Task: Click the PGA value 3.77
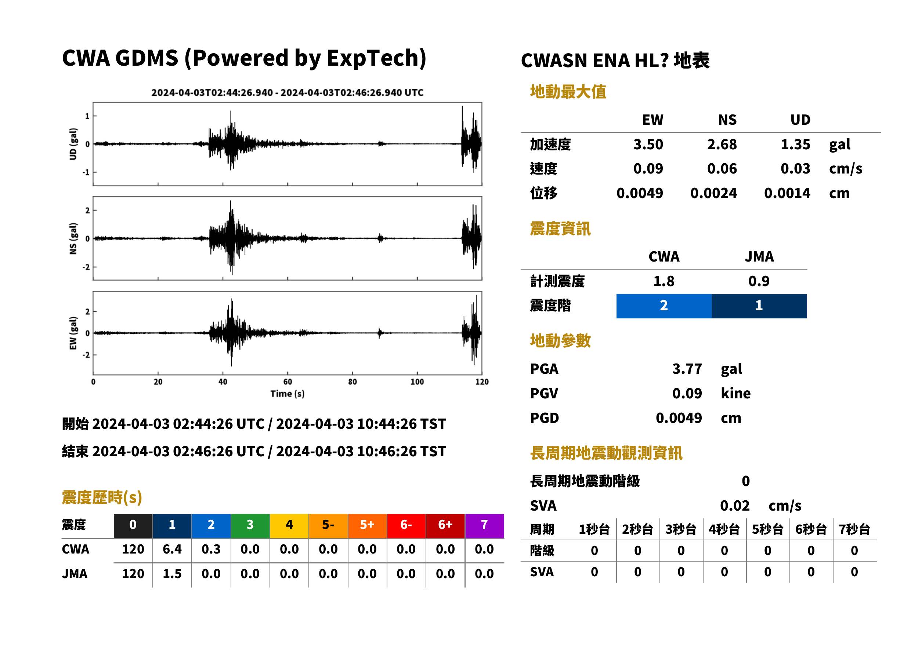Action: (x=687, y=369)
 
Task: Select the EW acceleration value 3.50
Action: (x=648, y=144)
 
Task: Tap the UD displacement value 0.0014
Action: (x=787, y=193)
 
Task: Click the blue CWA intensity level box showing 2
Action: (x=664, y=306)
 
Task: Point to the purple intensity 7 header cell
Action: (x=484, y=526)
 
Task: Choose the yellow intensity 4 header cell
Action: (x=289, y=526)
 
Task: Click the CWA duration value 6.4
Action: (x=172, y=549)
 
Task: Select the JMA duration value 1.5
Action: (x=172, y=574)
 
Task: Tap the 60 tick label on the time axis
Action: (x=288, y=382)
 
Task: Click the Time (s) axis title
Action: (x=287, y=394)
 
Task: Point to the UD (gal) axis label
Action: (x=73, y=144)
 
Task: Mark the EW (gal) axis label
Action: (x=73, y=333)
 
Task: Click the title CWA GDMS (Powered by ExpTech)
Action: (x=244, y=58)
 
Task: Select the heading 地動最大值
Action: (x=568, y=92)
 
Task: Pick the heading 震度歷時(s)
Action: (x=102, y=497)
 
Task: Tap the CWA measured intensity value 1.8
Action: (x=664, y=281)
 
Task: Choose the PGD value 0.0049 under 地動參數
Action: (x=679, y=418)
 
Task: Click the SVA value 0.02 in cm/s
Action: (x=735, y=505)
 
